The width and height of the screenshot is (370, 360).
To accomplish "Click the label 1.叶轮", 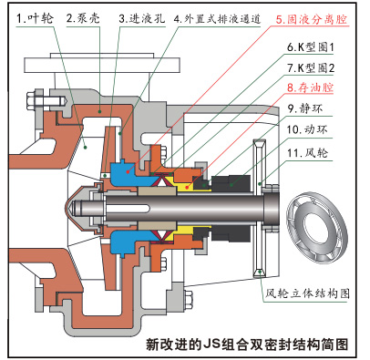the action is click(x=36, y=18).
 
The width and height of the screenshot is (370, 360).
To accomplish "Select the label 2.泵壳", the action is click(x=83, y=18).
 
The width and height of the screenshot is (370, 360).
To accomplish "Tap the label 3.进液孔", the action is click(x=142, y=18).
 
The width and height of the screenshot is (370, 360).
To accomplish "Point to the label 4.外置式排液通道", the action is click(x=217, y=19).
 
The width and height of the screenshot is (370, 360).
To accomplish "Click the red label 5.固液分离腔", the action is click(x=312, y=19).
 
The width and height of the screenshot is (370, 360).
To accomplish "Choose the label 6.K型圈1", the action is click(x=310, y=47).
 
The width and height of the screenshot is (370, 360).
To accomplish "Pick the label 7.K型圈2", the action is click(x=311, y=67).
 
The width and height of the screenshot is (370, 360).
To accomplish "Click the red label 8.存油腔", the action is click(x=310, y=87).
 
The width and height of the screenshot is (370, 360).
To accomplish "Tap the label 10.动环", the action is click(x=307, y=129).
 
